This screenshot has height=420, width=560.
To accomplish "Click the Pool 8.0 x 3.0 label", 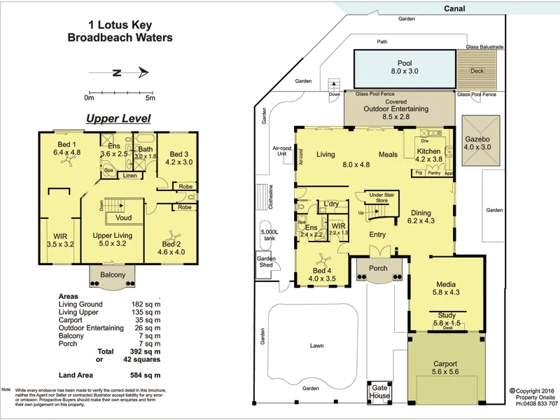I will pyautogui.click(x=404, y=66).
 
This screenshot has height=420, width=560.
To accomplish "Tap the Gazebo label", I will pyautogui.click(x=478, y=143).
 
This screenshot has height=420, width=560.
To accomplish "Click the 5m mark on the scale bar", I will pyautogui.click(x=149, y=97).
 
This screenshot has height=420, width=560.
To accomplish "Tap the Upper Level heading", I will pyautogui.click(x=118, y=119).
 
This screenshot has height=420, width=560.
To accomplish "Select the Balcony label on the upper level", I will pyautogui.click(x=113, y=275).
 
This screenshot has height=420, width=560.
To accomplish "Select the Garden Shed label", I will pyautogui.click(x=266, y=262).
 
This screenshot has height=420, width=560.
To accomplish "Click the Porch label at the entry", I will pyautogui.click(x=378, y=268).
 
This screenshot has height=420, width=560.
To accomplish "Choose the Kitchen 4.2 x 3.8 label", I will pyautogui.click(x=429, y=155).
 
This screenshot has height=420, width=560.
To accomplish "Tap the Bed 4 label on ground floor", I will pyautogui.click(x=323, y=275).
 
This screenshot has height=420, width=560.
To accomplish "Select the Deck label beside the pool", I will pyautogui.click(x=477, y=71).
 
